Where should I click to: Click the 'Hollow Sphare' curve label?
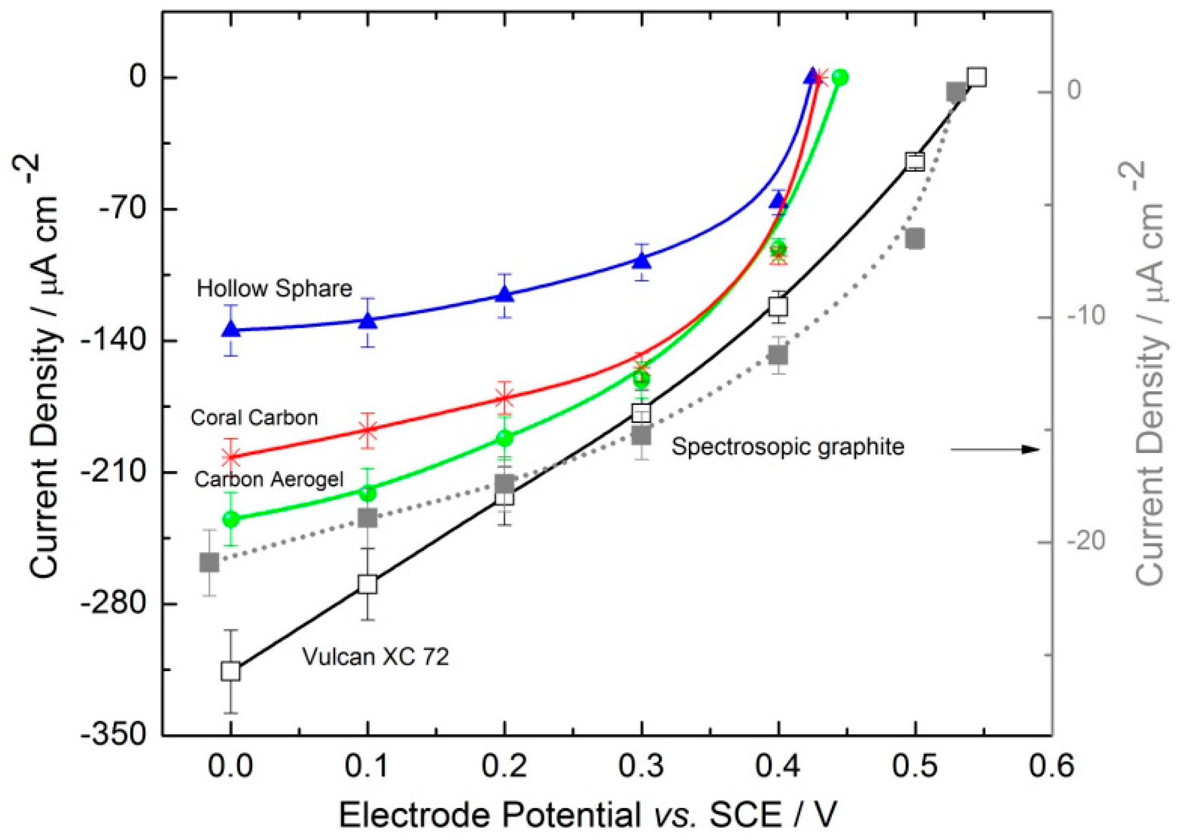click(x=274, y=288)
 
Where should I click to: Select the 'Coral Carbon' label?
click(x=254, y=417)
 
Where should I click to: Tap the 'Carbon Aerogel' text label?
click(x=269, y=479)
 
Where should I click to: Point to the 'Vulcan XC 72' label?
click(x=375, y=656)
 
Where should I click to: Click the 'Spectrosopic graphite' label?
click(x=787, y=446)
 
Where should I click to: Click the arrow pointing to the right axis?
click(x=994, y=449)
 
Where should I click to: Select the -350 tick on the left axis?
click(x=114, y=735)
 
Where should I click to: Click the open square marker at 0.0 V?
click(x=231, y=671)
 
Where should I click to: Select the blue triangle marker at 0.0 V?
click(x=231, y=329)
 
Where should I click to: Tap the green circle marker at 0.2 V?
click(x=504, y=438)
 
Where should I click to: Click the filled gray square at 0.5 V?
click(x=915, y=239)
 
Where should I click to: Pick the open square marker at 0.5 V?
click(x=915, y=162)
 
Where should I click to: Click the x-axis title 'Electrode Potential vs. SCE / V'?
click(x=588, y=815)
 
